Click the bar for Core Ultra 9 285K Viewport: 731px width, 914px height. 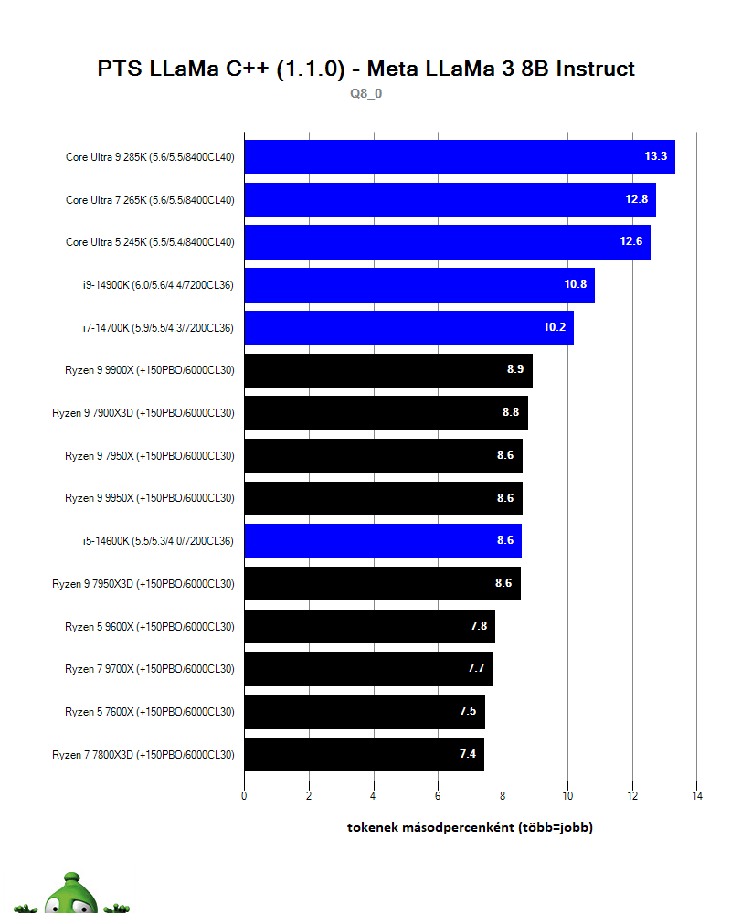(x=459, y=157)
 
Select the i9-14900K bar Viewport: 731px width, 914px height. (x=418, y=285)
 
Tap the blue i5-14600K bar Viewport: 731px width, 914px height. (x=382, y=541)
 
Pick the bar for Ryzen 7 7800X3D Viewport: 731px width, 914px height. (x=364, y=755)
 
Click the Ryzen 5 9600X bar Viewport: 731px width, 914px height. (x=369, y=627)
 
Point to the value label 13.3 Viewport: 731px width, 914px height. (x=656, y=157)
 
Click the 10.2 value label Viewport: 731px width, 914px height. (x=556, y=327)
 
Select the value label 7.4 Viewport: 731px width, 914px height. (x=468, y=755)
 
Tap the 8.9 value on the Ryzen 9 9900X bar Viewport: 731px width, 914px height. (x=515, y=370)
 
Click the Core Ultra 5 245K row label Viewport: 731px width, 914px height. (x=150, y=242)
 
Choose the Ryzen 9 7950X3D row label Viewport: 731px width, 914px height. (x=143, y=584)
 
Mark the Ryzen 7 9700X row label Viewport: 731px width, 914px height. (x=150, y=669)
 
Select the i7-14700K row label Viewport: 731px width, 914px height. (x=157, y=327)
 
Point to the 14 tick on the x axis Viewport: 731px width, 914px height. (x=696, y=796)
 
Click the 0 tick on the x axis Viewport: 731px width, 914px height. (x=244, y=796)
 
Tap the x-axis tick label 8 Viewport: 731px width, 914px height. (x=503, y=796)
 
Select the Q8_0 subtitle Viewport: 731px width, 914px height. (x=365, y=93)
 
